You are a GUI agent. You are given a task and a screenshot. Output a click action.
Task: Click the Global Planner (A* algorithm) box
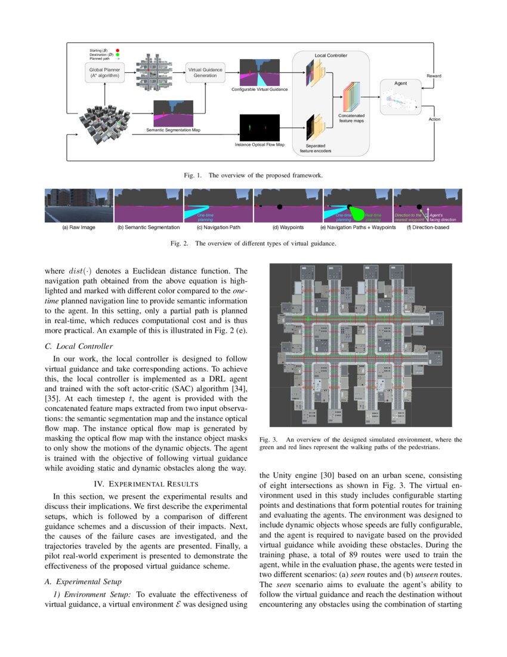(x=104, y=73)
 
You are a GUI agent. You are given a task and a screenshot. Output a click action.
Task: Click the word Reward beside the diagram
(x=434, y=76)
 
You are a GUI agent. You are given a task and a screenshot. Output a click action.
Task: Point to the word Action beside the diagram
(x=434, y=119)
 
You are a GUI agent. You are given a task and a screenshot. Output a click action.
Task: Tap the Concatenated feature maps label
(x=351, y=118)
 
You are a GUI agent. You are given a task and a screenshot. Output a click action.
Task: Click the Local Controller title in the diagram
(x=330, y=56)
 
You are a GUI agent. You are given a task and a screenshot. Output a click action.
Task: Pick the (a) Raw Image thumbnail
(x=79, y=205)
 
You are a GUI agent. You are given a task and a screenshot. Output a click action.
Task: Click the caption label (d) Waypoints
(x=288, y=228)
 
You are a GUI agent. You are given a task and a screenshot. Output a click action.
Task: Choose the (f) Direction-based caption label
(x=428, y=228)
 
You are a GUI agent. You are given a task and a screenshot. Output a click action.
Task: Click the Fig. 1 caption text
(x=253, y=176)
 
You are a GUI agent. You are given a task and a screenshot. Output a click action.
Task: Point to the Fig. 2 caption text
(x=253, y=244)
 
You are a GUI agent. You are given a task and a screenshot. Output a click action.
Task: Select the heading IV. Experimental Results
(x=146, y=483)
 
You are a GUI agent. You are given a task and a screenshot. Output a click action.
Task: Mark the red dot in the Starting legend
(x=118, y=50)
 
